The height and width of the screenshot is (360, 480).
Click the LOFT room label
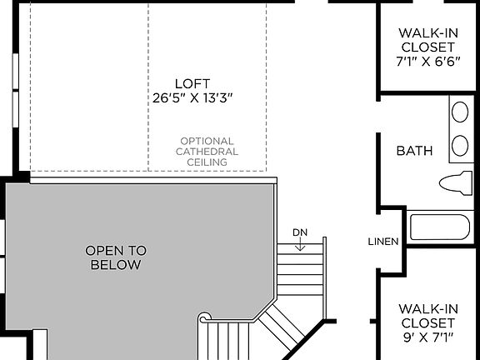click(192, 83)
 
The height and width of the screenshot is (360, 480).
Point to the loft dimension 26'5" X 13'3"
click(192, 98)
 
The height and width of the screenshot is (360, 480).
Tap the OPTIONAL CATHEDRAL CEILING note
click(207, 152)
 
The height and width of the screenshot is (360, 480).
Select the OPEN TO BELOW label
click(115, 257)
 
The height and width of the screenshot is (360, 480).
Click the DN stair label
click(300, 232)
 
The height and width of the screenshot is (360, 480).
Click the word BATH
click(414, 151)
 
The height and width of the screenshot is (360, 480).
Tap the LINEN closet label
click(383, 242)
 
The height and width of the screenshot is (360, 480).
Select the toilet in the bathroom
click(454, 183)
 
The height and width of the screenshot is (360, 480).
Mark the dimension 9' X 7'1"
click(427, 337)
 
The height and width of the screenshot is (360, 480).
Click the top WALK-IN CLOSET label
click(427, 40)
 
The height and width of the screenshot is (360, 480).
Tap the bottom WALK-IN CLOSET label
click(427, 315)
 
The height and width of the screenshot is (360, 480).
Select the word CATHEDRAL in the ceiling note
click(207, 152)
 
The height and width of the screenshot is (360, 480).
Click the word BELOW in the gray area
click(115, 265)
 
